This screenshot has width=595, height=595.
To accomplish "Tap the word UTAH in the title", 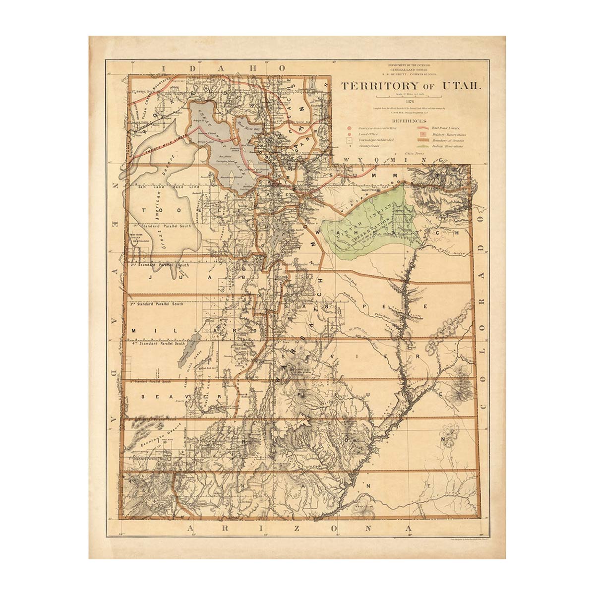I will tap(463, 86).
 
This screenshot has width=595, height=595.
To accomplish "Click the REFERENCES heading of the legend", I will tap(409, 121).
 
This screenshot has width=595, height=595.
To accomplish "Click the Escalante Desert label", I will tap(151, 435).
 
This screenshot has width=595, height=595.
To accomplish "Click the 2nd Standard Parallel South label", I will tap(160, 265).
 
